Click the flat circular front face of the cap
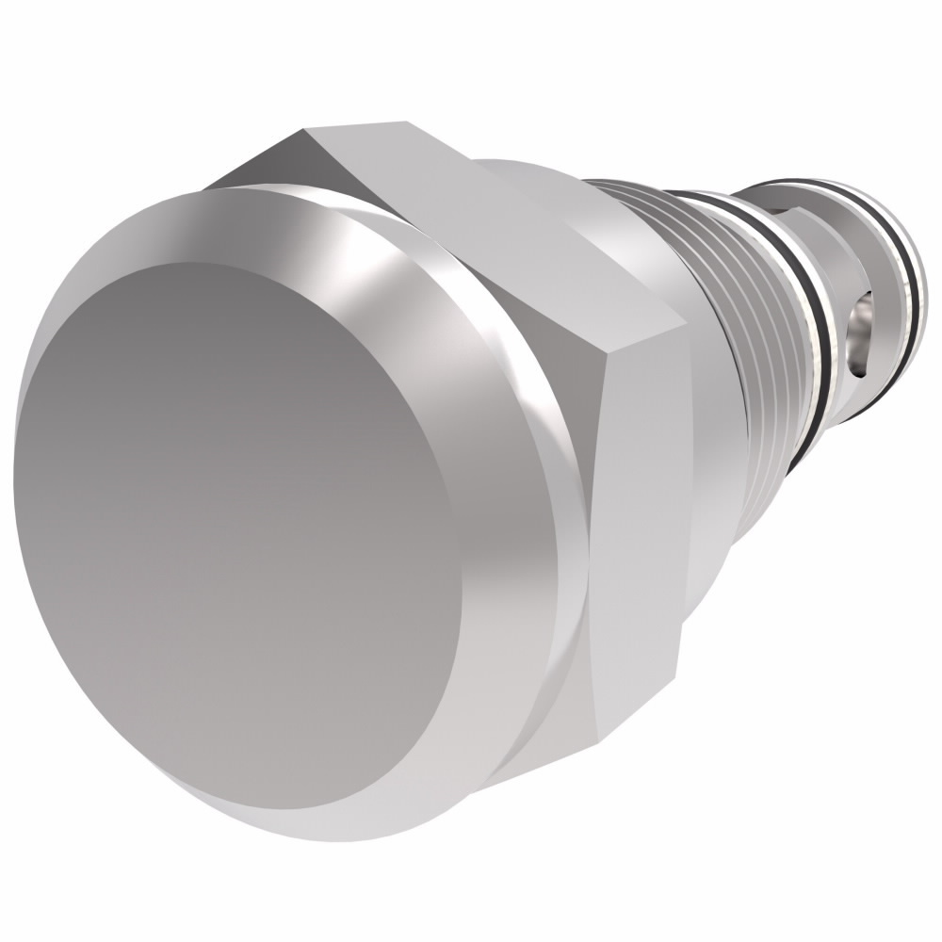(x=235, y=528)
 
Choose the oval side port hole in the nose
(x=859, y=334)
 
